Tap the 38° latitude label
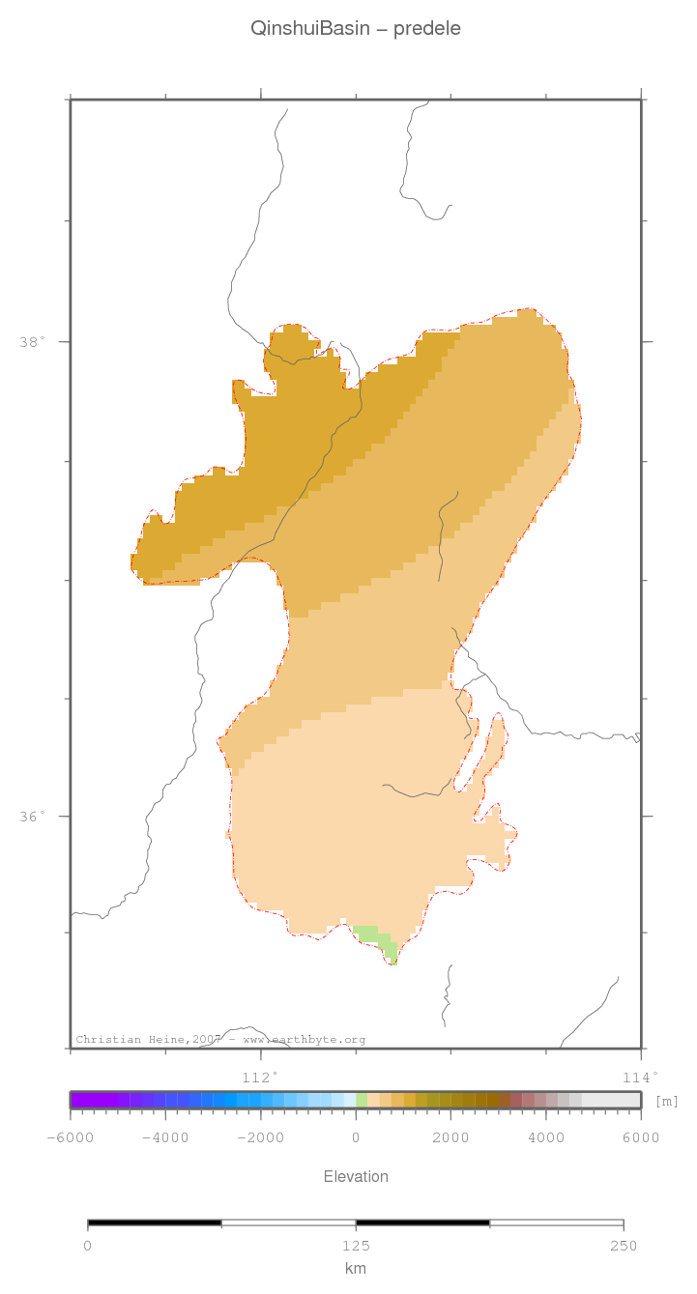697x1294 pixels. point(32,342)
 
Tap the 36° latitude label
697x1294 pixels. point(32,817)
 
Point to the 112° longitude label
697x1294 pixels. point(259,1077)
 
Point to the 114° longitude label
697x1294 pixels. point(640,1077)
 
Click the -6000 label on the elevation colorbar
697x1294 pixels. point(70,1137)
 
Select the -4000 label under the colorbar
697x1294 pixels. point(164,1137)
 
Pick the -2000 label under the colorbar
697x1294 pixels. point(260,1137)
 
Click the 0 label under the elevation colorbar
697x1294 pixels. point(356,1137)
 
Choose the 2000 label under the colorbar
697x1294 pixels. point(450,1137)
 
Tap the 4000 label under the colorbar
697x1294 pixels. point(546,1137)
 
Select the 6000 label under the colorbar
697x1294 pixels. point(641,1137)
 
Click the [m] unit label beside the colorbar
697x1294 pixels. point(667,1102)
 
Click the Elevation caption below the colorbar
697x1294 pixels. point(356,1176)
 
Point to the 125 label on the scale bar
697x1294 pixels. point(356,1245)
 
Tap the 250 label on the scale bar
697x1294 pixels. point(624,1245)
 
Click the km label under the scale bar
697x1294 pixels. point(356,1268)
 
